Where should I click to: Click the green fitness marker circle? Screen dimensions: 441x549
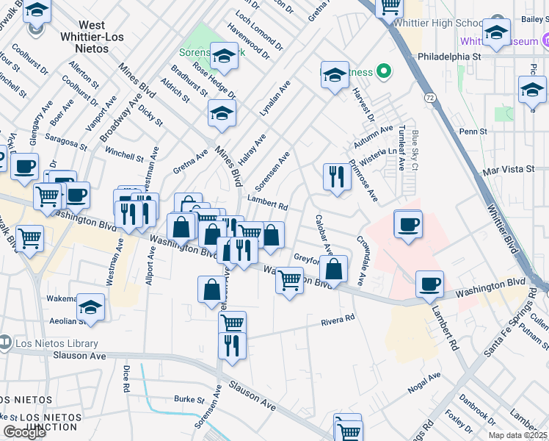[382, 71]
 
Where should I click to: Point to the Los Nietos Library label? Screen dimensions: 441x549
[55, 343]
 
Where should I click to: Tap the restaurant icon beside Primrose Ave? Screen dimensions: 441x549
[336, 176]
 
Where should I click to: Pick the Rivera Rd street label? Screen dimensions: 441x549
[338, 320]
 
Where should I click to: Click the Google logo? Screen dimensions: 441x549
[24, 432]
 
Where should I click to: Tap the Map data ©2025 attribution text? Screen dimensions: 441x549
[517, 435]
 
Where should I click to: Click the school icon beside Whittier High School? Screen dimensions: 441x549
[496, 32]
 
